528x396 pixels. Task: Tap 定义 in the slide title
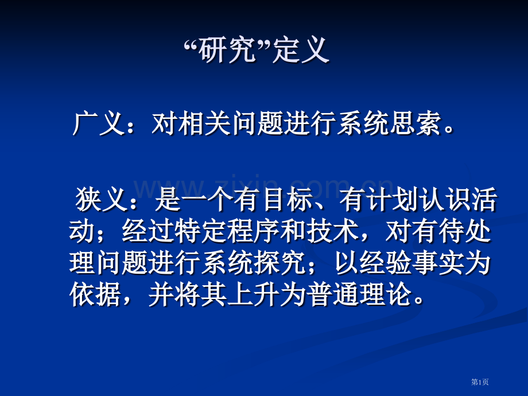coord(301,52)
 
